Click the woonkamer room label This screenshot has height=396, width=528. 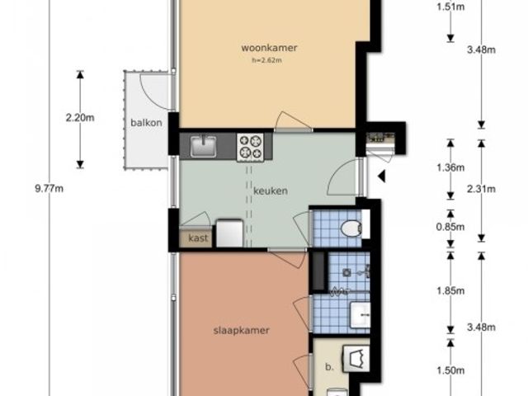269,48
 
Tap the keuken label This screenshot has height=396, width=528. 271,191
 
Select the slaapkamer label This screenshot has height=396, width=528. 242,330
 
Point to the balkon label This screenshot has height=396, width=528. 146,123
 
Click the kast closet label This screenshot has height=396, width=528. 198,238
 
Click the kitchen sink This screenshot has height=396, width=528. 204,146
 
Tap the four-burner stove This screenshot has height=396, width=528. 250,147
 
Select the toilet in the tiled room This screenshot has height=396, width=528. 351,229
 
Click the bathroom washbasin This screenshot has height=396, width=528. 360,315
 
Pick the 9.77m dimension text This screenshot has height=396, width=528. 49,189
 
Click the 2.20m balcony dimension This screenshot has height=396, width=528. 80,118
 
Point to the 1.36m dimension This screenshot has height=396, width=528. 450,167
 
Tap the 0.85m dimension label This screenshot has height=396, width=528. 450,227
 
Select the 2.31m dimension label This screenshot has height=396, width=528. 481,189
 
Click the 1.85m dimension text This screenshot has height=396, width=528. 450,290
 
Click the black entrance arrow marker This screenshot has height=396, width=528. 381,176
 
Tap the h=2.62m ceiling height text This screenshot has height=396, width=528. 266,60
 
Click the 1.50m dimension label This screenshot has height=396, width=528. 450,370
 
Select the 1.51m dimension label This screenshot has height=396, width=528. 450,7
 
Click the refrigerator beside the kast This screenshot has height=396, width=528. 229,233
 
